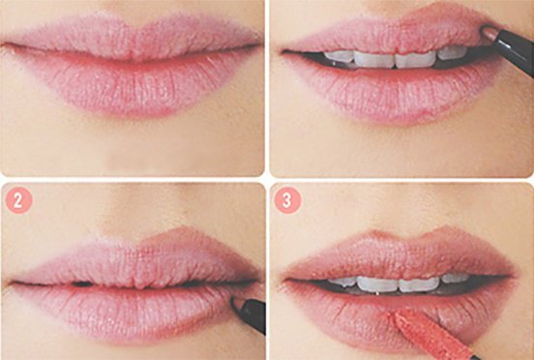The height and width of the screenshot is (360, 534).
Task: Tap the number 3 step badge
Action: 287,200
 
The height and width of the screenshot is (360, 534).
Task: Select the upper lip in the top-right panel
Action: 387,34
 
